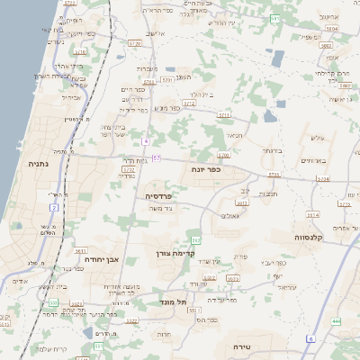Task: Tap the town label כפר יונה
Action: tap(206, 168)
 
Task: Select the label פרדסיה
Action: tap(158, 194)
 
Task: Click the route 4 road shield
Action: tap(145, 140)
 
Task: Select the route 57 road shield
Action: tap(156, 158)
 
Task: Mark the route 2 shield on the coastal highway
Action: tap(53, 208)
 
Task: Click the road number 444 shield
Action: tap(336, 321)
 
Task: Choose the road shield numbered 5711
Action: tap(224, 115)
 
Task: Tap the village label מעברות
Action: tap(148, 68)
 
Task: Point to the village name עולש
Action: tap(315, 137)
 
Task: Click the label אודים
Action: tap(20, 281)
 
